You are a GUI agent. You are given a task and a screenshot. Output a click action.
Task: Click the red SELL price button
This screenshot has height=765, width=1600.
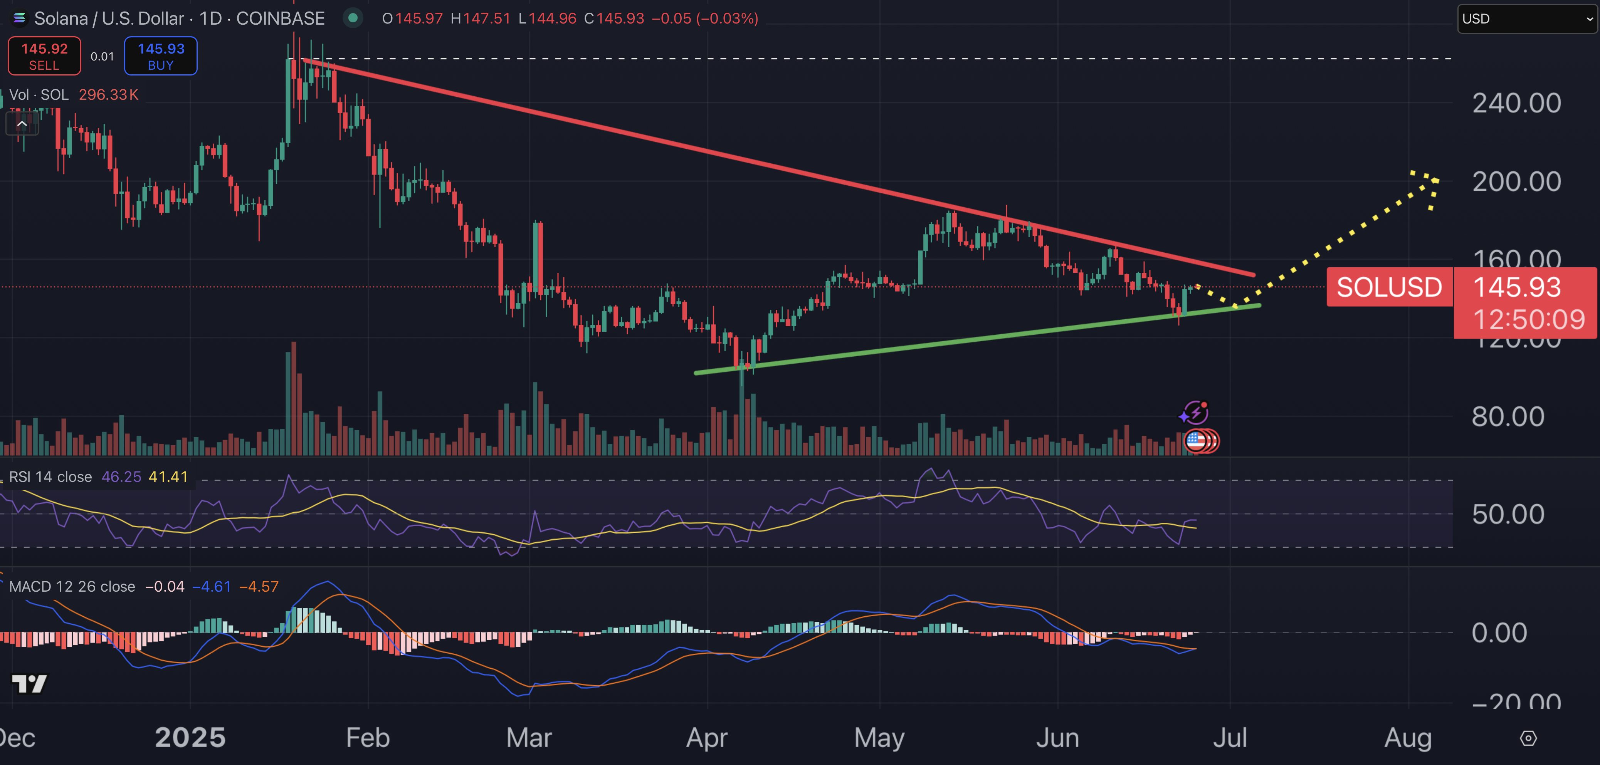point(44,56)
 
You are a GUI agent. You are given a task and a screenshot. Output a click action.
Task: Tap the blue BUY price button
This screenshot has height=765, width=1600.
point(161,56)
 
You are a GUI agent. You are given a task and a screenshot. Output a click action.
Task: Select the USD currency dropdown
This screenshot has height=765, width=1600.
point(1527,18)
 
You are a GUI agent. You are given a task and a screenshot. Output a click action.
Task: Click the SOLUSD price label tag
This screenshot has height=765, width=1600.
point(1389,287)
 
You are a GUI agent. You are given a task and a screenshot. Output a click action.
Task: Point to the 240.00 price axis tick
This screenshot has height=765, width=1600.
point(1516,103)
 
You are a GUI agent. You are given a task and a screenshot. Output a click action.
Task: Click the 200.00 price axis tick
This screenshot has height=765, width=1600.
point(1516,182)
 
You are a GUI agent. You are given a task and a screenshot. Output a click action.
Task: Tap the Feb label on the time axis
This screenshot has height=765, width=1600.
point(368,738)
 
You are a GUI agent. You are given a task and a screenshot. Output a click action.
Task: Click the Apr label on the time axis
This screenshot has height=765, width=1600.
point(706,738)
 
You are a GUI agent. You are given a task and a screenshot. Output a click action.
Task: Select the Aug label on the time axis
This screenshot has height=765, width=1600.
point(1407,738)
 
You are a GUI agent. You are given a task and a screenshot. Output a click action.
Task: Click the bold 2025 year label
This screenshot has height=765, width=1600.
point(190,738)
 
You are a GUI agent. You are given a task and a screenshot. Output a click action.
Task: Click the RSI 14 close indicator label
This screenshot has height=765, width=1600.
point(50,477)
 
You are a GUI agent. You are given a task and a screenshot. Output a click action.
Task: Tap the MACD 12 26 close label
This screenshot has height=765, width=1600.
point(72,587)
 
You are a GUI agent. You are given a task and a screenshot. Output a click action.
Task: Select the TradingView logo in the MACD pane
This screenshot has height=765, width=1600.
point(29,684)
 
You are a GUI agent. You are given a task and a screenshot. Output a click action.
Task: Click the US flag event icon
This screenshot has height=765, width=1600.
point(1196,441)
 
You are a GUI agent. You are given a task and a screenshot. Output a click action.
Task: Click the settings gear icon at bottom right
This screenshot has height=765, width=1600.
point(1528,738)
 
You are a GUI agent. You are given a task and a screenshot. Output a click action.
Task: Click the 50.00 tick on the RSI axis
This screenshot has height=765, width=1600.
point(1508,515)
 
